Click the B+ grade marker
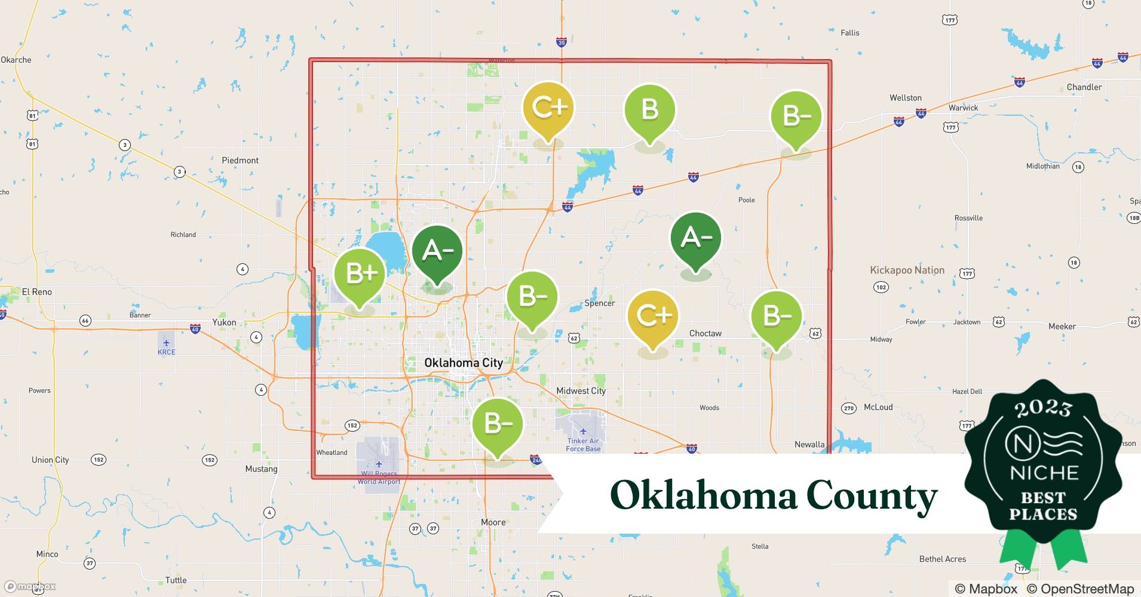[359, 274]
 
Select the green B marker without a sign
[649, 110]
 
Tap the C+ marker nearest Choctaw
[654, 316]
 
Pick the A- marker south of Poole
[695, 239]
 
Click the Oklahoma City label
[463, 362]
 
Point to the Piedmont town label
[240, 160]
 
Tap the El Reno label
[36, 292]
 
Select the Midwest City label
[581, 391]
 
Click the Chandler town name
[1084, 87]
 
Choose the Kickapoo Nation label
[907, 270]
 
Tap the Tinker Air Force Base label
[583, 445]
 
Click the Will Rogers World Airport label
[379, 478]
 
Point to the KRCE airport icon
[166, 343]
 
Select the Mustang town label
[261, 469]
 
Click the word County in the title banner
[871, 496]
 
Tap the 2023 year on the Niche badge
[1043, 408]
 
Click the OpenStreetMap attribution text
[1080, 589]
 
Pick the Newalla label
[809, 444]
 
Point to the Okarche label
[16, 60]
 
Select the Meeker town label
[1062, 327]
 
